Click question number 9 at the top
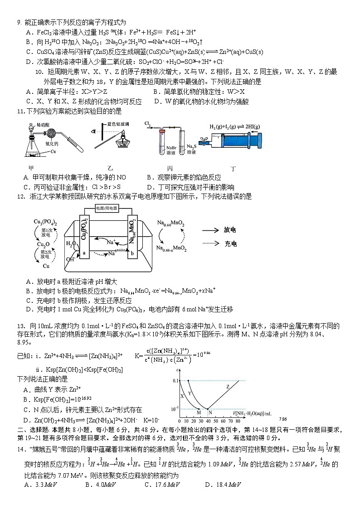click(19, 22)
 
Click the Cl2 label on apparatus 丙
click(148, 123)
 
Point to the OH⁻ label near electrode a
click(70, 260)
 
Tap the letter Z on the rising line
click(228, 387)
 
